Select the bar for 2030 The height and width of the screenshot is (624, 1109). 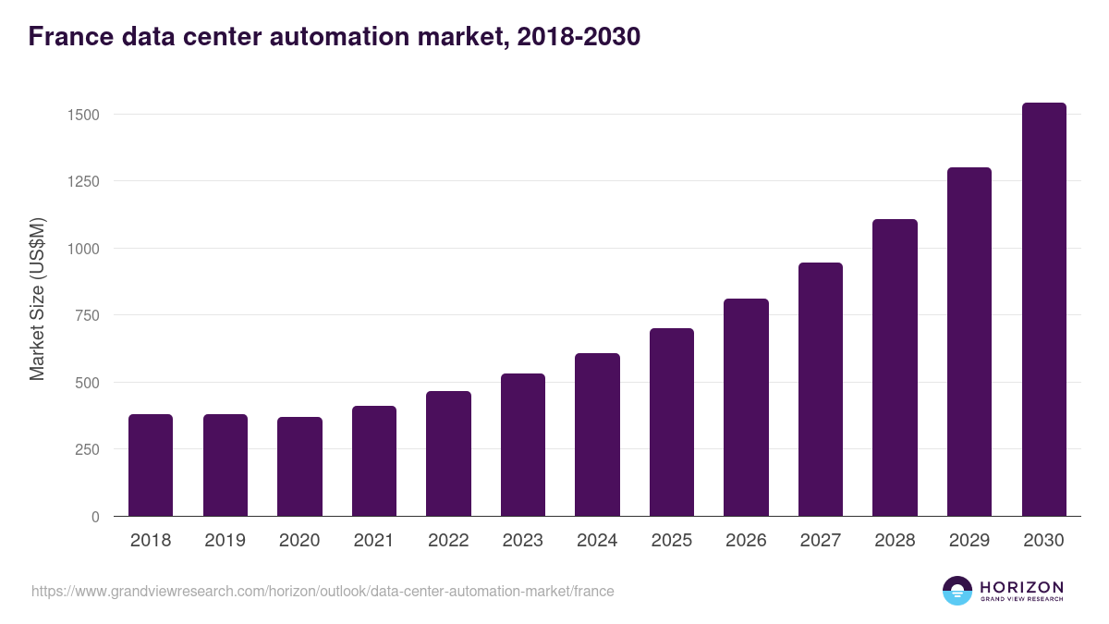click(1043, 310)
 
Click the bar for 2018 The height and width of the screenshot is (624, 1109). click(151, 465)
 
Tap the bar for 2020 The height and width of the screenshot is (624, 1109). click(299, 467)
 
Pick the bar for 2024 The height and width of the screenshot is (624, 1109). click(597, 434)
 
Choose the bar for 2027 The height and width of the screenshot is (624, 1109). click(821, 389)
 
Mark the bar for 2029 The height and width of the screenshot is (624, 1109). click(969, 342)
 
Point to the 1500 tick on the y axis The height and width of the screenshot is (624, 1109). click(82, 115)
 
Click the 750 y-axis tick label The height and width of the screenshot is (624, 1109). click(87, 315)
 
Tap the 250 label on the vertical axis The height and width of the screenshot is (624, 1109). click(87, 449)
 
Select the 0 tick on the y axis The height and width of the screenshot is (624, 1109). click(95, 517)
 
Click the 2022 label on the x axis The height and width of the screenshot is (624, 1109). click(448, 541)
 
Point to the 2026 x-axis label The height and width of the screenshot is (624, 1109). click(746, 541)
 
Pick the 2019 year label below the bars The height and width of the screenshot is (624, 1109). click(225, 541)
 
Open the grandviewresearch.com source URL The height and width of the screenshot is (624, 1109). click(323, 591)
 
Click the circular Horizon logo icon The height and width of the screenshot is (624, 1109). click(957, 591)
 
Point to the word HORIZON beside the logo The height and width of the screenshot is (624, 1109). click(1021, 587)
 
